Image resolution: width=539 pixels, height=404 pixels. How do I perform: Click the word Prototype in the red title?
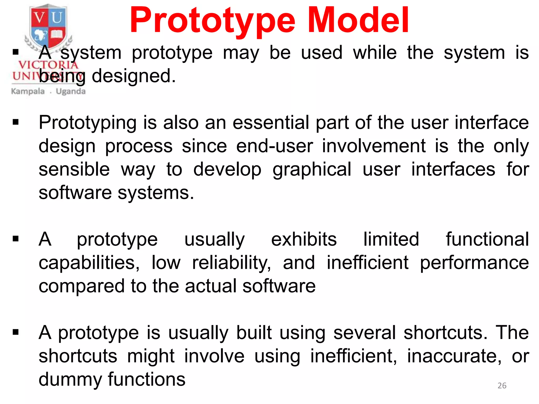pyautogui.click(x=213, y=21)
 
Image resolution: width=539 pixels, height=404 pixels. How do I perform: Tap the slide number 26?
pyautogui.click(x=502, y=386)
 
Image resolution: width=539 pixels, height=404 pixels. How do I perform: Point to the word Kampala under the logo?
pyautogui.click(x=28, y=91)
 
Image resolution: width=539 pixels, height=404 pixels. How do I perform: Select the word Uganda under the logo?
pyautogui.click(x=71, y=92)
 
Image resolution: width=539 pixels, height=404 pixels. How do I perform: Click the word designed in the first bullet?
pyautogui.click(x=134, y=76)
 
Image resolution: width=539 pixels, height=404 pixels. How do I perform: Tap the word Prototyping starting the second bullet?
pyautogui.click(x=88, y=123)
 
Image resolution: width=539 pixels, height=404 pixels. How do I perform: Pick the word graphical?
pyautogui.click(x=312, y=170)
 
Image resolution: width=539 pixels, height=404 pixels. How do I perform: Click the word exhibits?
pyautogui.click(x=304, y=239)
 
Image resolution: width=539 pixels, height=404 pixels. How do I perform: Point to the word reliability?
pyautogui.click(x=231, y=263)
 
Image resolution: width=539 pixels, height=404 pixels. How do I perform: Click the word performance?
pyautogui.click(x=474, y=263)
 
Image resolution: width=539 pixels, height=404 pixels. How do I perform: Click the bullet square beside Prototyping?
pyautogui.click(x=16, y=122)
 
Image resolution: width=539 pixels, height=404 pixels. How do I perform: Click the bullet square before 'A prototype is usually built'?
pyautogui.click(x=16, y=332)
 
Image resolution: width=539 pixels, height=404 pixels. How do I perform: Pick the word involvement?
pyautogui.click(x=374, y=146)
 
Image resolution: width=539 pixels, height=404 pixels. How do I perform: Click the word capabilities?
pyautogui.click(x=89, y=263)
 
